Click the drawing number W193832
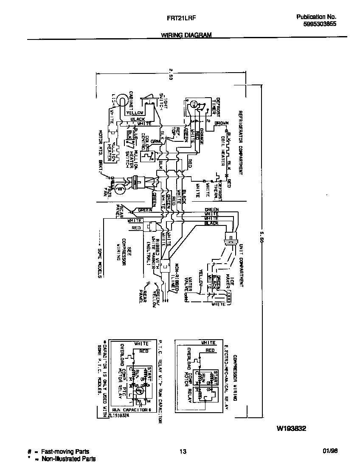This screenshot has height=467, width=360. click(x=292, y=428)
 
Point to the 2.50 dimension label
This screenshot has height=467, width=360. click(x=171, y=74)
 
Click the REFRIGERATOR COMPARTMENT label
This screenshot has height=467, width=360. click(x=240, y=143)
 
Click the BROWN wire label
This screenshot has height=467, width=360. click(x=221, y=123)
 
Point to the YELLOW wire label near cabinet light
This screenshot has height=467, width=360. click(x=135, y=113)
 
